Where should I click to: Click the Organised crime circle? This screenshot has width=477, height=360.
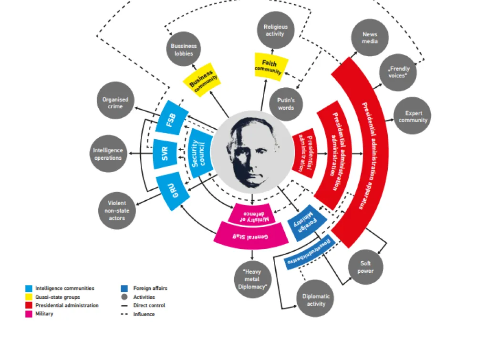115,100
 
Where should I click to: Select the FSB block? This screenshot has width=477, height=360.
172,118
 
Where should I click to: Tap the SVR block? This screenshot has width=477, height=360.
165,154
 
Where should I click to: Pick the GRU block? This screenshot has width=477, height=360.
173,192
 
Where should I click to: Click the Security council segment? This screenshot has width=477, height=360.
199,154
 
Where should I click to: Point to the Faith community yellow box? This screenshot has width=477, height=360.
270,67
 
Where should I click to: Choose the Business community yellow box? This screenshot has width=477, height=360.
202,80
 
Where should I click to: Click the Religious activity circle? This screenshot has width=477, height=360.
276,30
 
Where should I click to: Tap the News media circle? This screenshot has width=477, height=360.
370,38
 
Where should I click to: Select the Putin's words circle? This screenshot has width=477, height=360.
286,104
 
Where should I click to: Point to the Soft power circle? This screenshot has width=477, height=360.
366,267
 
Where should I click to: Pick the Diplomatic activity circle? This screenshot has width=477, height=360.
315,298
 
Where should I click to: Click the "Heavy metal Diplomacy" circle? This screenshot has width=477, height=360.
252,279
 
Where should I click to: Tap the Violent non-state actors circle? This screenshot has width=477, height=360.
117,210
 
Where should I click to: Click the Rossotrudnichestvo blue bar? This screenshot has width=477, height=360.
310,252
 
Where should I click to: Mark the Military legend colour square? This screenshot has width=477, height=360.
29,314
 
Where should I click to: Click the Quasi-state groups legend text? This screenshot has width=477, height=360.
58,297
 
